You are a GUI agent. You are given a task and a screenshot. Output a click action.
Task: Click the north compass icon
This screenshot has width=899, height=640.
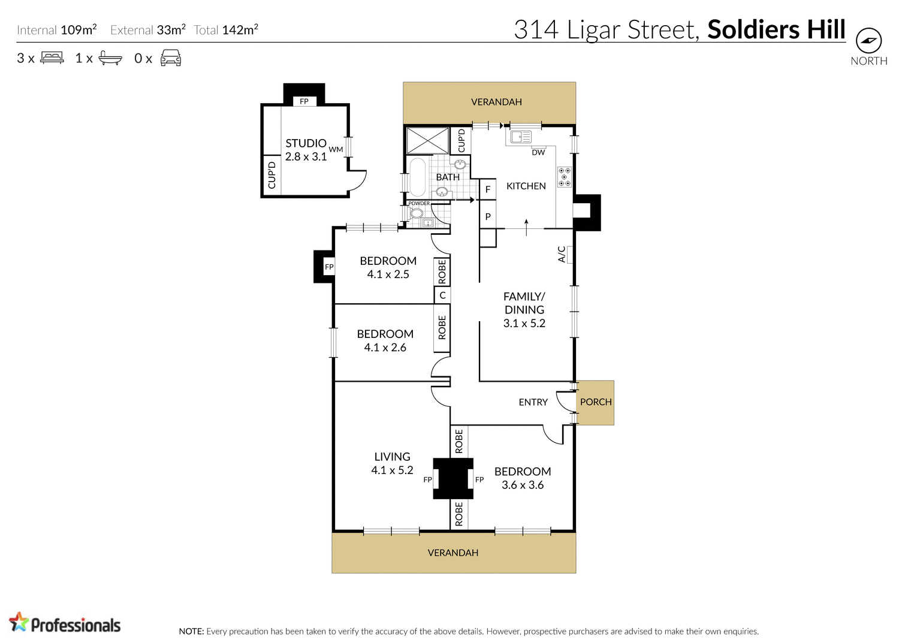tap(868, 41)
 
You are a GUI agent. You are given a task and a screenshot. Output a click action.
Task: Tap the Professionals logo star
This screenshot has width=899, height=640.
tap(19, 622)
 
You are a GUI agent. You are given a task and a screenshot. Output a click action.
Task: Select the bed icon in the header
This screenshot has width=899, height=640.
tap(52, 58)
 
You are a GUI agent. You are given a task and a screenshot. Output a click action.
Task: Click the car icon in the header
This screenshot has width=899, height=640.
tap(171, 58)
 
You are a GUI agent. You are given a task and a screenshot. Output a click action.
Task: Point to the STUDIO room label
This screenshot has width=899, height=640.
tap(306, 143)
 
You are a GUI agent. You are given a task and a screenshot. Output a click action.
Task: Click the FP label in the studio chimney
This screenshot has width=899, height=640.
tap(304, 101)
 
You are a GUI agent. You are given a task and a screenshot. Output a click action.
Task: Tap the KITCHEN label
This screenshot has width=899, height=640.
tap(526, 186)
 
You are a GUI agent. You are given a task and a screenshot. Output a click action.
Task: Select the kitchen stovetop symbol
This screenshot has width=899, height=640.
tap(564, 177)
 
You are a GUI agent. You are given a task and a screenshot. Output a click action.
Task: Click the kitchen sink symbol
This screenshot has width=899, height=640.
tap(520, 137)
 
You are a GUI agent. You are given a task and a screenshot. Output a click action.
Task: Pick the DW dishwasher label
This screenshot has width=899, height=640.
tap(538, 152)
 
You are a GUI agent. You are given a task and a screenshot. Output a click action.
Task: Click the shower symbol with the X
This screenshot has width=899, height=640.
tap(427, 140)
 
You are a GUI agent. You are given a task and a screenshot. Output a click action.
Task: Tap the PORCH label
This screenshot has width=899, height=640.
tap(596, 402)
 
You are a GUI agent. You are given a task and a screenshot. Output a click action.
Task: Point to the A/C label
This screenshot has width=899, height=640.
tap(562, 254)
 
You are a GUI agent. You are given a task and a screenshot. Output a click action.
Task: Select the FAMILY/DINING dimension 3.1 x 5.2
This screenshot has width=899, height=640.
tap(524, 323)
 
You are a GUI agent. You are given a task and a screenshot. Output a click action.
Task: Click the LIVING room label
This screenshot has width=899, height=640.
tap(392, 457)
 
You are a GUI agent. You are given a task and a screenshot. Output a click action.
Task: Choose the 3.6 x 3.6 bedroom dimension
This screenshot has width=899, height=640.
tap(522, 485)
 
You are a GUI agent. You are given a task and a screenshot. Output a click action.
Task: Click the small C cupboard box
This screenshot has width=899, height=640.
tap(442, 295)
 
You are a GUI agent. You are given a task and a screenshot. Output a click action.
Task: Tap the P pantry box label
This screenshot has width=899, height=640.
tap(488, 217)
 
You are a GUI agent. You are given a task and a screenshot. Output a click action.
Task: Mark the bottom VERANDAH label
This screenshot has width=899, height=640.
tap(453, 553)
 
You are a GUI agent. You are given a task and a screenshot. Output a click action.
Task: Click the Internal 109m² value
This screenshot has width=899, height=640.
tap(79, 29)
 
